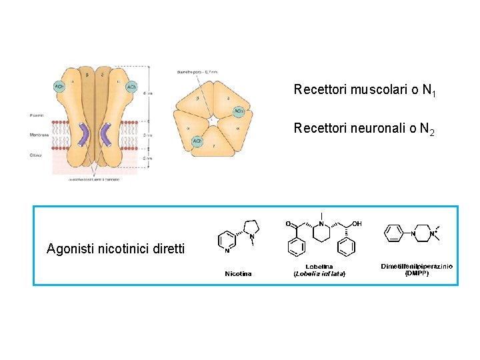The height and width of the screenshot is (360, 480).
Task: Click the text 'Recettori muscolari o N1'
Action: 365,90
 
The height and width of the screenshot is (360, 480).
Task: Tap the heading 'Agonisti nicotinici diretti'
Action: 116,249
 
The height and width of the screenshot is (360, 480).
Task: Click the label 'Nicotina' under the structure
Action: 239,273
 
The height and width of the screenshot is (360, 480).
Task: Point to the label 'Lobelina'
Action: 319,267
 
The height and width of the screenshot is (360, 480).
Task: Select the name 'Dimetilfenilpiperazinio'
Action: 417,266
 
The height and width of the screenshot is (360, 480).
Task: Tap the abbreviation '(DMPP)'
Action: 417,273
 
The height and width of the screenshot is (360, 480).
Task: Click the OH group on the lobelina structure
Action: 357,224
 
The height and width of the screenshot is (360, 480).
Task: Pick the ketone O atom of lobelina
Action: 288,223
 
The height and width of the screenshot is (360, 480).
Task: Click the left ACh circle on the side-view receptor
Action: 59,87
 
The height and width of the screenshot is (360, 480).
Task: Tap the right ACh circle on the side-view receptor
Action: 131,87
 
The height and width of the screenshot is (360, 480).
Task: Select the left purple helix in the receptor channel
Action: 84,134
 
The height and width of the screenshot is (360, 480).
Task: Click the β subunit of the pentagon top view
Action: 197,99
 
